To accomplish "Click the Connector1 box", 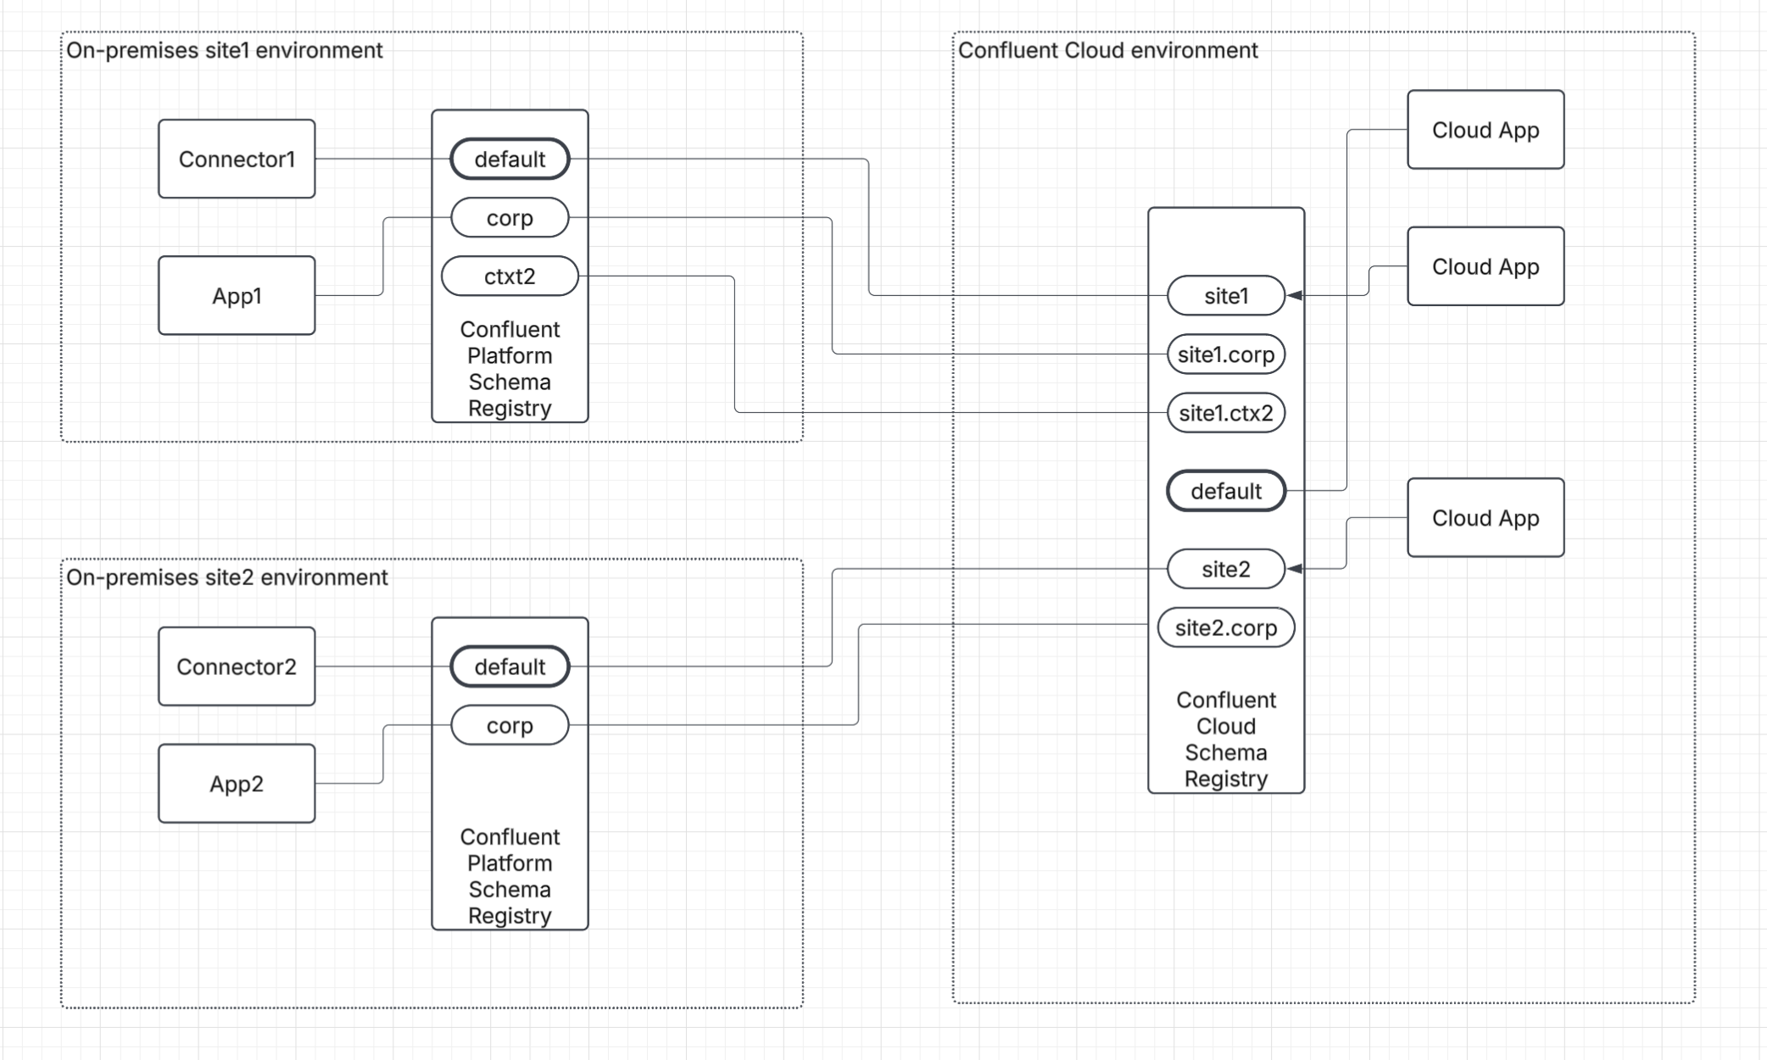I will click(237, 159).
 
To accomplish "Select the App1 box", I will click(237, 295).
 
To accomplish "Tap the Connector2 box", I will click(237, 667).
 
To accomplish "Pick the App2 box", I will click(237, 784).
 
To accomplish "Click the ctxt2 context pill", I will click(510, 276).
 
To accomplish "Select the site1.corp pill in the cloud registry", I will click(1226, 354).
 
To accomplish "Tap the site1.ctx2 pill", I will click(1226, 413).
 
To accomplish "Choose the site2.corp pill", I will click(1226, 628).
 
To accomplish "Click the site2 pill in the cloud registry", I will click(1226, 569).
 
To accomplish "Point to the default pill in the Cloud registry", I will click(1226, 491).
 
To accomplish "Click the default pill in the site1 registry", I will click(510, 159).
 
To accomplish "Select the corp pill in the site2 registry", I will click(510, 725).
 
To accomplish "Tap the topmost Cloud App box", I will click(1486, 130).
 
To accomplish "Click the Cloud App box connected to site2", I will click(1486, 517).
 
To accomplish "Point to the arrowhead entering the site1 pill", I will click(1295, 295).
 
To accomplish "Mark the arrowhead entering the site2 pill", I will click(1295, 569).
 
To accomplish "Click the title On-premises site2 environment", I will click(226, 577).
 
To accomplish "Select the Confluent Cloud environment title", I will click(1107, 50).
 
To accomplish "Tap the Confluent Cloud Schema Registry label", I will click(1226, 739).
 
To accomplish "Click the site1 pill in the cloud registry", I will click(1226, 296).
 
